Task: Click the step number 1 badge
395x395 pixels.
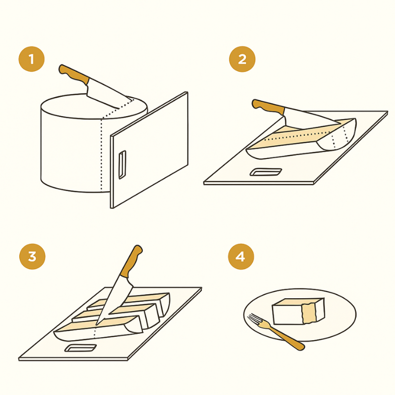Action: [32, 59]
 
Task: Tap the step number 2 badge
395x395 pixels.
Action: [242, 59]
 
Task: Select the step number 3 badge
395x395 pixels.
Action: [32, 256]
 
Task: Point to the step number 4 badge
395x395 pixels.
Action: [241, 256]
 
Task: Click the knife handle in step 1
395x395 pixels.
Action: [74, 74]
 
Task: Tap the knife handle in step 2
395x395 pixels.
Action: [268, 107]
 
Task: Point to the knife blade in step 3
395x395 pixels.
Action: [114, 300]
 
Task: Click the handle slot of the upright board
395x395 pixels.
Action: [122, 165]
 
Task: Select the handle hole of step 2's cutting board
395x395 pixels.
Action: [266, 172]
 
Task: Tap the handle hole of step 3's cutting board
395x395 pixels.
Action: [80, 348]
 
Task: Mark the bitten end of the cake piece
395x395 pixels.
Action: [309, 313]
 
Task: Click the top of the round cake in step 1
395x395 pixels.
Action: [94, 106]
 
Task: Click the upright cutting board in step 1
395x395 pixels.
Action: [149, 150]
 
